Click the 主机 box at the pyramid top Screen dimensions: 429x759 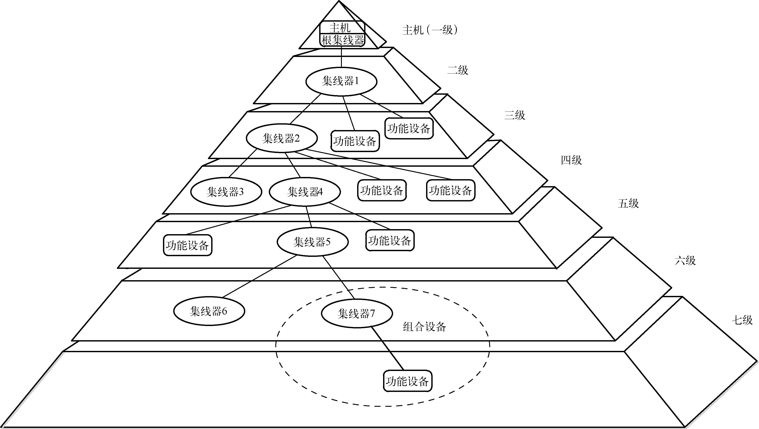342,28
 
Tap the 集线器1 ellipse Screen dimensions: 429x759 341,82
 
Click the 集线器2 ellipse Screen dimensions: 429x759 282,138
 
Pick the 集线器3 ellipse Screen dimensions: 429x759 226,192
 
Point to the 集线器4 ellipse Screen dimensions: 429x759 305,192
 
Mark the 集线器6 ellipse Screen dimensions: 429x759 209,311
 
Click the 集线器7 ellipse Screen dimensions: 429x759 356,314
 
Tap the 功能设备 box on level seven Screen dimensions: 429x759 408,381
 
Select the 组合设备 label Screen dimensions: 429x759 424,327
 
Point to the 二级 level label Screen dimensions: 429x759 457,70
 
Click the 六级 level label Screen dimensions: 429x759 685,261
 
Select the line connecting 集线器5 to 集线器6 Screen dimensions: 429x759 259,276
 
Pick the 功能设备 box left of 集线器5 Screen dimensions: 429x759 188,245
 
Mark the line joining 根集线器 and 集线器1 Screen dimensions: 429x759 341,57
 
